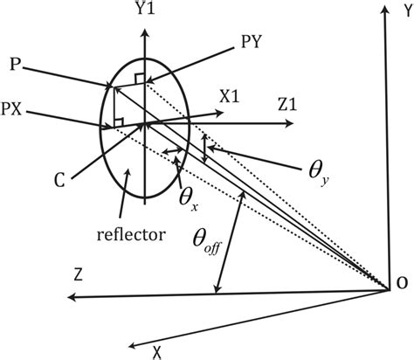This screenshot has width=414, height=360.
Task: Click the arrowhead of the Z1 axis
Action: click(x=289, y=123)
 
